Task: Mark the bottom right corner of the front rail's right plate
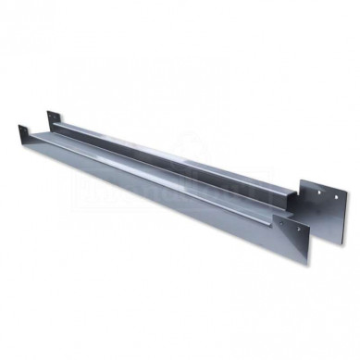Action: point(310,265)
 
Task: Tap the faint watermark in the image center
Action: point(180,176)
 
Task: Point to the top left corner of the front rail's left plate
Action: point(19,125)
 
